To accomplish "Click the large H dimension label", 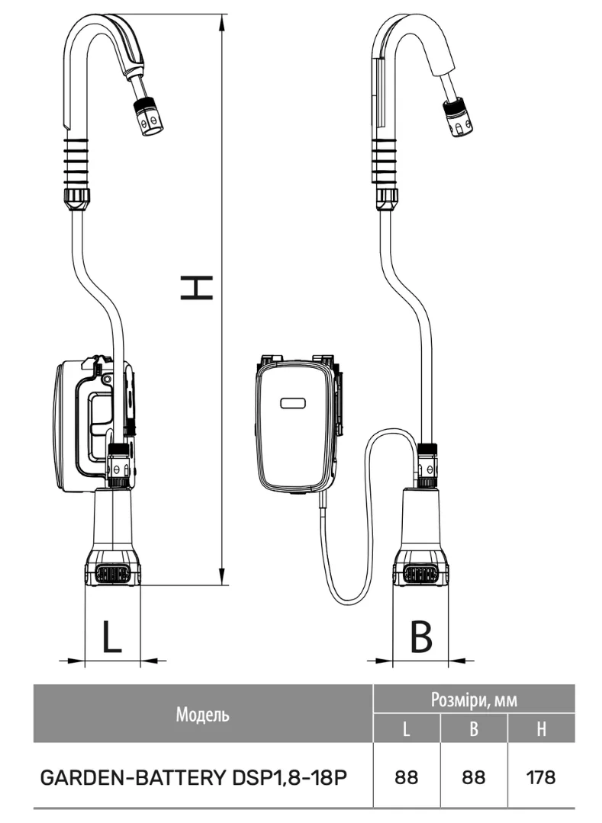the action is [x=196, y=287].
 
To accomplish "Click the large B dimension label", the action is [x=420, y=636].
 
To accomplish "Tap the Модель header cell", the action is [x=203, y=714].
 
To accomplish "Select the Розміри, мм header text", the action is [x=474, y=700].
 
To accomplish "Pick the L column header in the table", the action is [x=406, y=729].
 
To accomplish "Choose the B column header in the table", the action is [x=474, y=729].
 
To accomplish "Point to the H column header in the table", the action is [x=541, y=729].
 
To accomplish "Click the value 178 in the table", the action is [x=541, y=777].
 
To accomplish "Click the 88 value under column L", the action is [x=406, y=777].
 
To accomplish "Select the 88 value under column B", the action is [x=474, y=777].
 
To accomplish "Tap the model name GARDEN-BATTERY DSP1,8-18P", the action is [x=194, y=777].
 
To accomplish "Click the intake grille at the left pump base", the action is [x=113, y=573].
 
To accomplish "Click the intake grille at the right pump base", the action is [x=420, y=574].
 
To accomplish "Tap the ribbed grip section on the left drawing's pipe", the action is [x=76, y=160].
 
